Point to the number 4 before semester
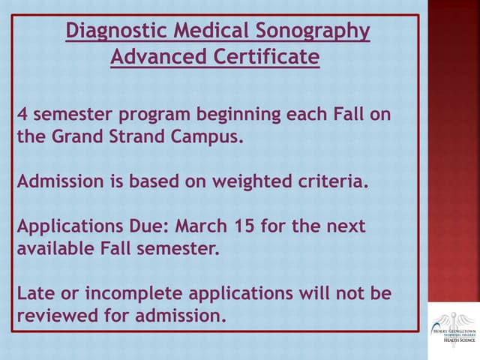pyautogui.click(x=22, y=115)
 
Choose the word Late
pyautogui.click(x=36, y=292)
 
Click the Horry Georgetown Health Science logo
pyautogui.click(x=453, y=325)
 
